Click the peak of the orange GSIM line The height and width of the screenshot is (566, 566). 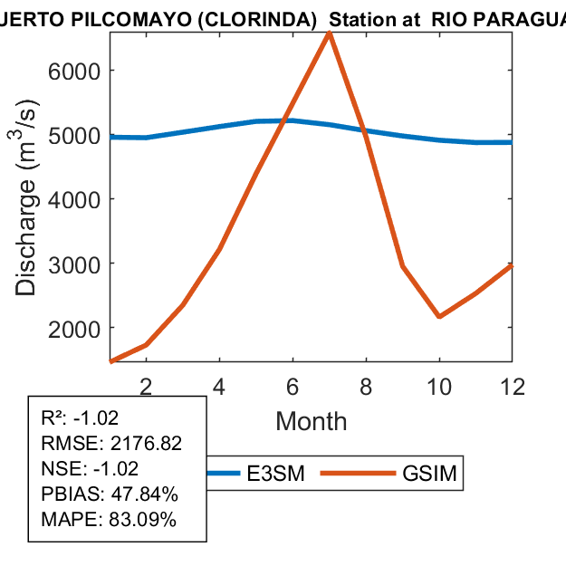click(x=329, y=34)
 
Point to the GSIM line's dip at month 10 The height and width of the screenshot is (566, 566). click(x=439, y=316)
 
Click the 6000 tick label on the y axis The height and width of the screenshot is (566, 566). click(x=75, y=71)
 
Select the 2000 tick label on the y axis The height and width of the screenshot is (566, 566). click(x=75, y=328)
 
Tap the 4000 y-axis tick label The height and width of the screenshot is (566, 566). click(x=75, y=199)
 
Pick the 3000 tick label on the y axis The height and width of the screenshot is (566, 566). click(x=75, y=264)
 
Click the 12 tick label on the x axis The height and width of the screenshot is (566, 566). click(x=512, y=386)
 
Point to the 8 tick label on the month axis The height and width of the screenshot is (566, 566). click(x=366, y=386)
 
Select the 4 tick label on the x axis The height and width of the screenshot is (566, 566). click(x=219, y=386)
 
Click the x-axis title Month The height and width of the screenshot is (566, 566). click(x=311, y=421)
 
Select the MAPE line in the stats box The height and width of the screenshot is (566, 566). click(x=109, y=520)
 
